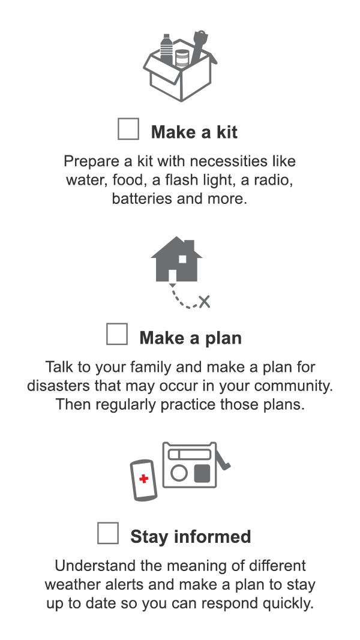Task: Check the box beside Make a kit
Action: coord(128,129)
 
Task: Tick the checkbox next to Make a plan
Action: coord(117,334)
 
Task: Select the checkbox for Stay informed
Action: coord(108,533)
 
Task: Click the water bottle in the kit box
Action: coord(166,49)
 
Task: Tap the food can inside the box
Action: coord(182,59)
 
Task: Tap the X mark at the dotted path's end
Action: coord(205,301)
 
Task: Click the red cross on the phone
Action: coord(143,479)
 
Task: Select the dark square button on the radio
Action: coord(203,474)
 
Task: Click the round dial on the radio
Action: coord(179,474)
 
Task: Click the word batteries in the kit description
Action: coord(142,199)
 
